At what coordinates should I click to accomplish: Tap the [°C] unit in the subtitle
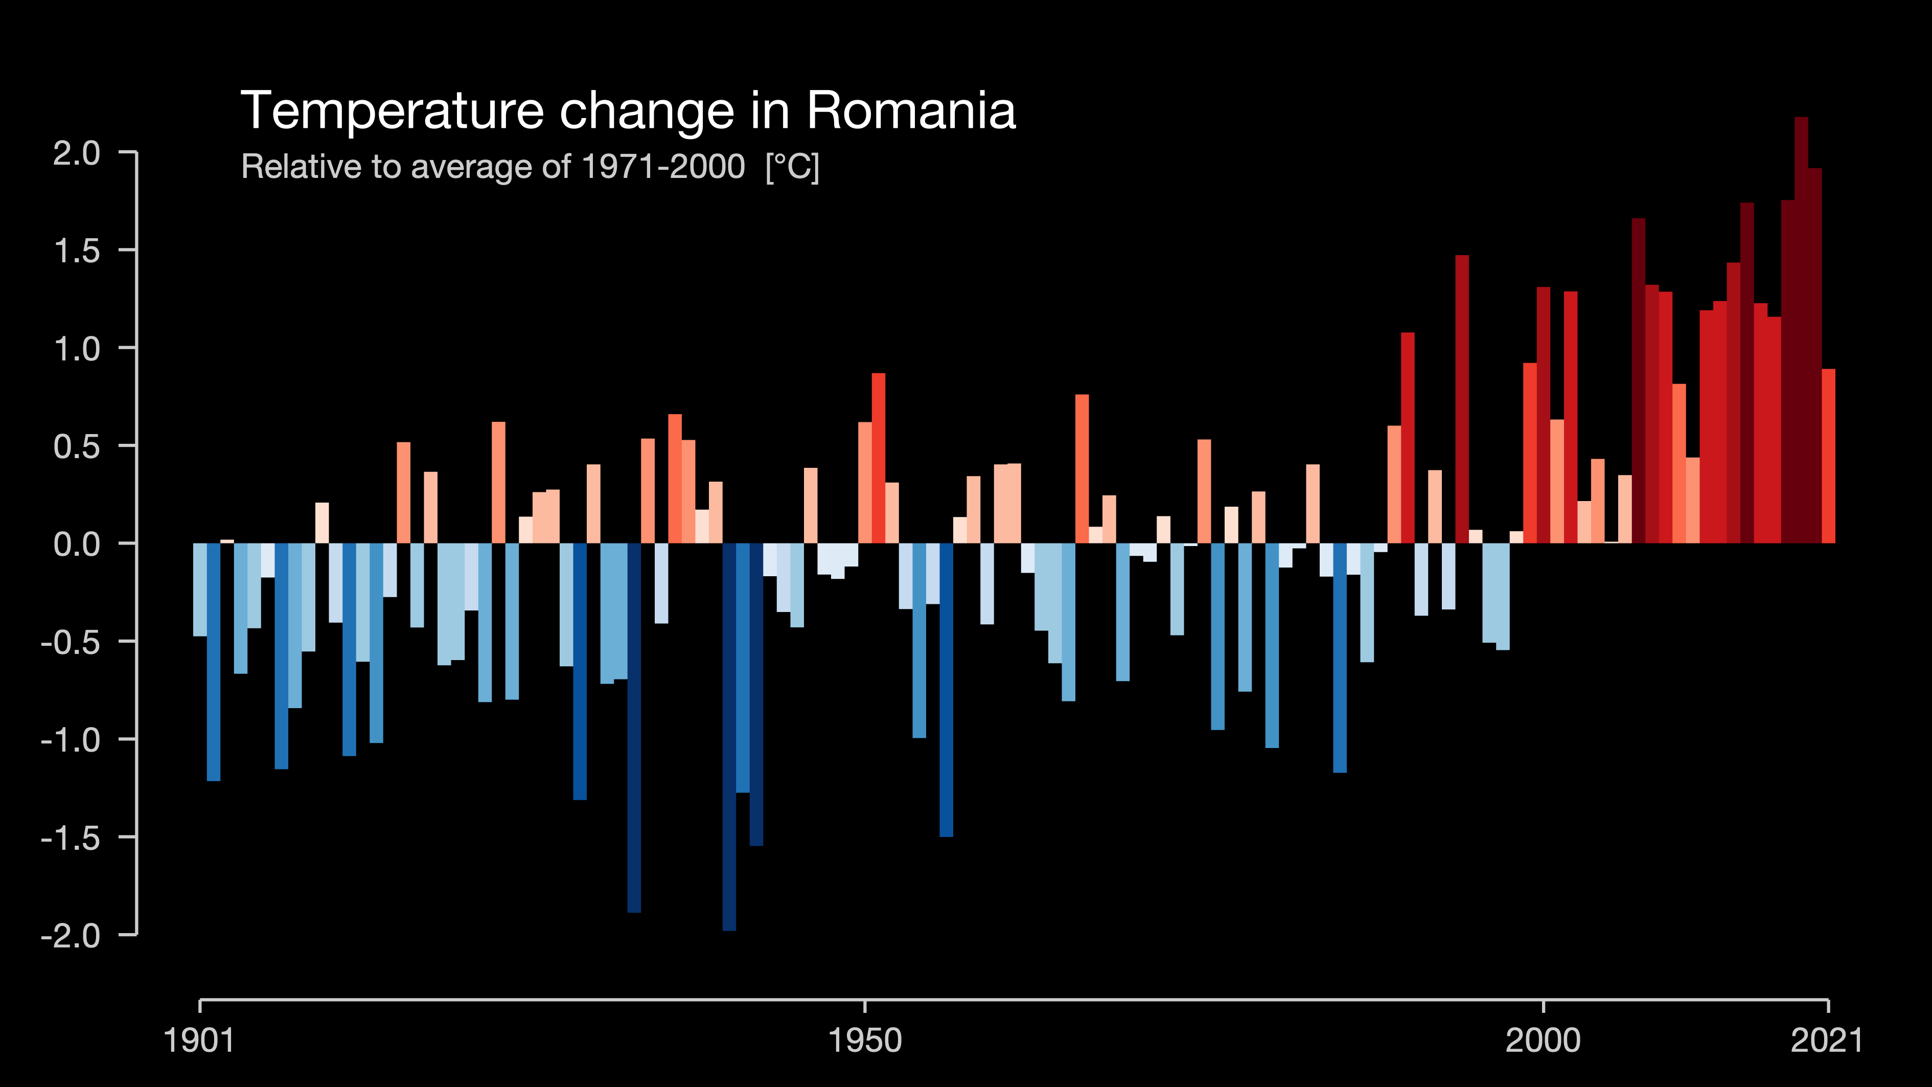point(792,167)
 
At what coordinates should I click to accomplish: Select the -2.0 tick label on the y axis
point(71,936)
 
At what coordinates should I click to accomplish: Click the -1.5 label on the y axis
point(71,838)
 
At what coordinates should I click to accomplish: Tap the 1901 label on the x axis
point(199,1040)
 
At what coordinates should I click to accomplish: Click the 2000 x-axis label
point(1543,1040)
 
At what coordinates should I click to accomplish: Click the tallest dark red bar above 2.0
point(1801,330)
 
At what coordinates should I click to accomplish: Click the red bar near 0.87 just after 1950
point(878,458)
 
